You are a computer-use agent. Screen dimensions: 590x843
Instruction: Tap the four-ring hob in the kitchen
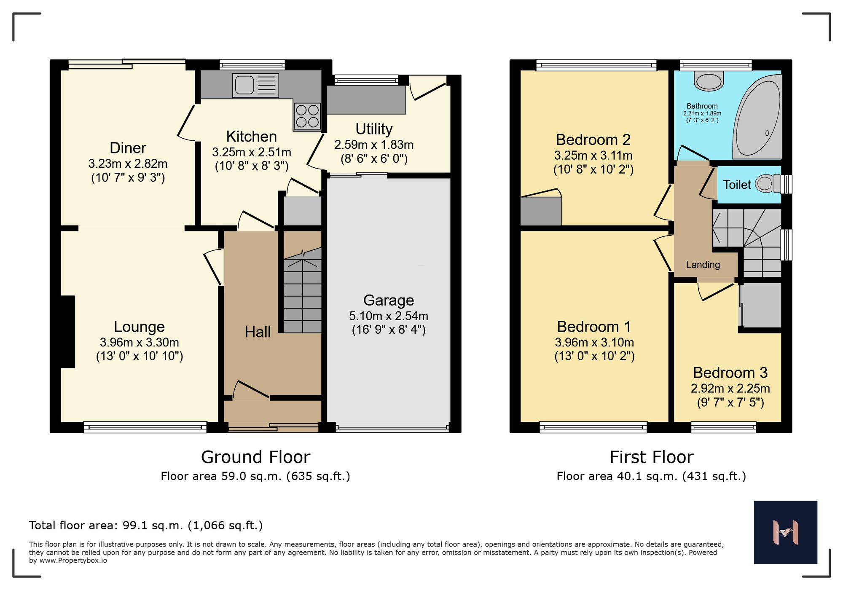(x=307, y=116)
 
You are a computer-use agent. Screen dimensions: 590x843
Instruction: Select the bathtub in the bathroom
(x=758, y=118)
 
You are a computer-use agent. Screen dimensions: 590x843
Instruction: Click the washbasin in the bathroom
(x=709, y=81)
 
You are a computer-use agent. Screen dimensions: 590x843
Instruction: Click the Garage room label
(x=388, y=300)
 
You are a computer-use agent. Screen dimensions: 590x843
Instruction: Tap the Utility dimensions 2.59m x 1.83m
(x=374, y=145)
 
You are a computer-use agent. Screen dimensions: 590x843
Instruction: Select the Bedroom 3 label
(x=730, y=373)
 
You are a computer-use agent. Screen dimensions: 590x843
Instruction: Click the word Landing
(x=703, y=265)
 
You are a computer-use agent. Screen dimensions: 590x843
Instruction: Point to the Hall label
(x=258, y=332)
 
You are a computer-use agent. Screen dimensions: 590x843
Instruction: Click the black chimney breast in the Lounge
(x=67, y=332)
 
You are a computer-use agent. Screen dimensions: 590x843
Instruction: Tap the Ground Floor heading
(x=255, y=457)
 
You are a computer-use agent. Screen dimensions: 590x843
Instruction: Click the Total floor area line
(x=145, y=526)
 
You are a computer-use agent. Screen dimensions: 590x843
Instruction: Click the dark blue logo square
(x=785, y=532)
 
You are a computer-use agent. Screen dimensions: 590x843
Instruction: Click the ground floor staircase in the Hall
(x=302, y=295)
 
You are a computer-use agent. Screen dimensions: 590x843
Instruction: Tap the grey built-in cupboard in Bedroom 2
(x=540, y=211)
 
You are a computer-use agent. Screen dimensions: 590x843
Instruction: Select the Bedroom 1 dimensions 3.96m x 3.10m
(x=594, y=343)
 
